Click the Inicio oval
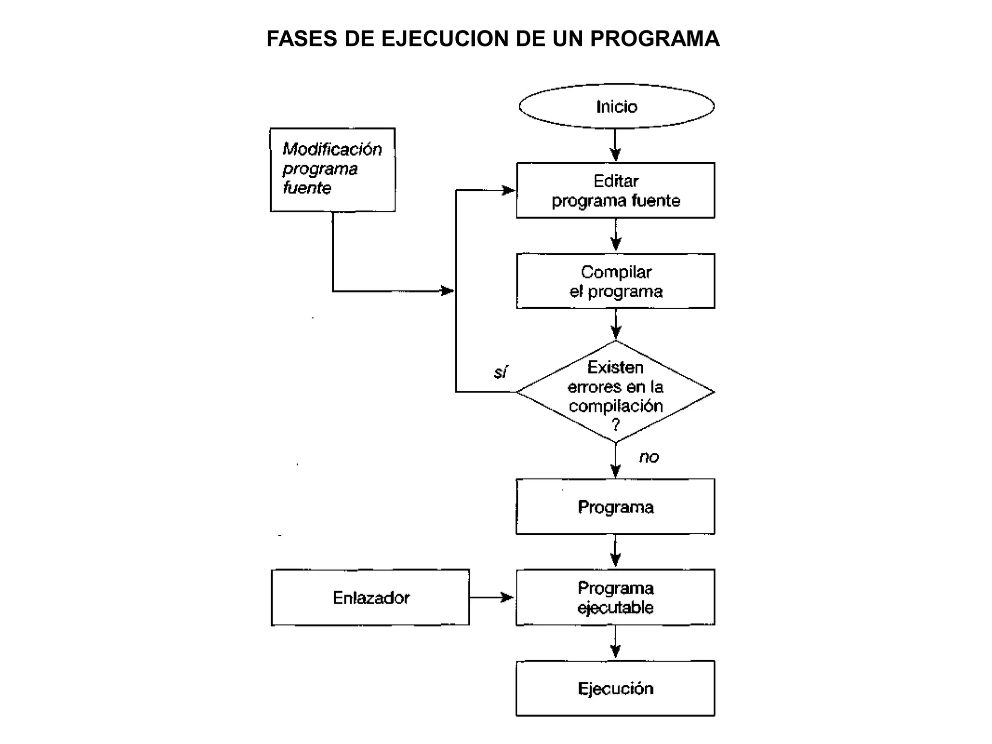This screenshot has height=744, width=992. pos(616,107)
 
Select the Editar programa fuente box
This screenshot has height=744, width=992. pos(615,190)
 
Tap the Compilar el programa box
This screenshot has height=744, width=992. pos(615,281)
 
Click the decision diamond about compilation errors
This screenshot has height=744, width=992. pos(615,391)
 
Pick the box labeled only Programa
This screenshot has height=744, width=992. pos(615,507)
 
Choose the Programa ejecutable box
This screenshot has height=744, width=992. pos(615,597)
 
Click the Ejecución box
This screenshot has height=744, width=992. pos(615,688)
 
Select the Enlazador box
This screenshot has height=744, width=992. pos(371,597)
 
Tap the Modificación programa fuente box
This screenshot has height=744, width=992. pos(332,170)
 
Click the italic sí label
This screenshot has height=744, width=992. pos(500,372)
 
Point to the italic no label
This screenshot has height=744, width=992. pos(649,457)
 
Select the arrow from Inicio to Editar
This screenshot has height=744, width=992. pos(615,145)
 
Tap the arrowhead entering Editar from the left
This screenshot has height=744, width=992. pos(509,190)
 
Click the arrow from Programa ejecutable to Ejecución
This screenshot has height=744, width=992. pos(615,642)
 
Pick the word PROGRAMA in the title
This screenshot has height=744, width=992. pos(655,39)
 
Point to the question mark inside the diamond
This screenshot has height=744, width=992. pos(616,425)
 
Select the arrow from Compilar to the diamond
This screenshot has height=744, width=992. pos(616,324)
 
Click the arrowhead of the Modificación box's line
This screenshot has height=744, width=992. pos(447,291)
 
